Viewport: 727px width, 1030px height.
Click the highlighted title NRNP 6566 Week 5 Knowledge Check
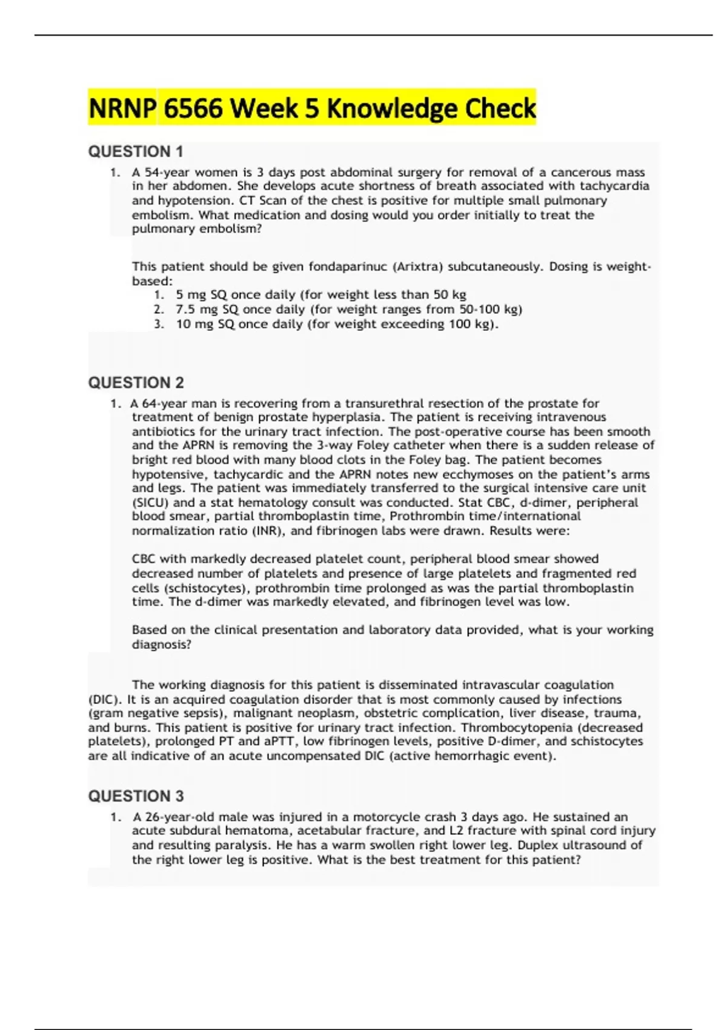312,108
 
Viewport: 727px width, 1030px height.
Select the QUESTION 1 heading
136,151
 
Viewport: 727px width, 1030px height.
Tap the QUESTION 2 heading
136,383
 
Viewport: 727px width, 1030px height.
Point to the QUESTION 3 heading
136,796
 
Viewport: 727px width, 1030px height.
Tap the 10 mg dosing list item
337,324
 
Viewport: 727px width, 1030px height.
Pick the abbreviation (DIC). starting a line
105,700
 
